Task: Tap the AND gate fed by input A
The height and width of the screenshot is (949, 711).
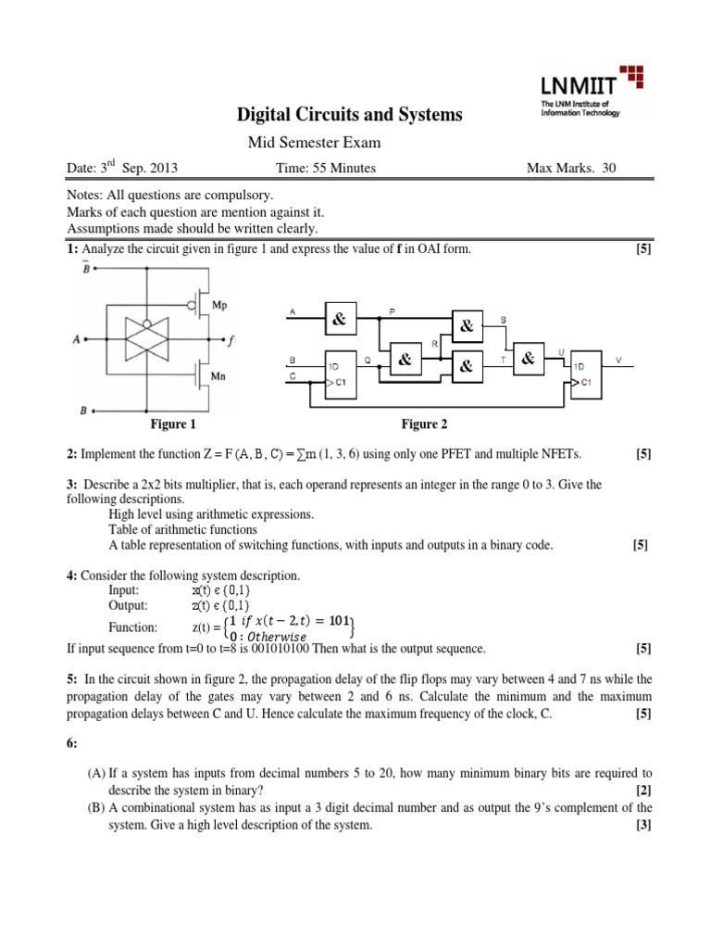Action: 339,320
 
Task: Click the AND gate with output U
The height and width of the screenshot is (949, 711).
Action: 528,359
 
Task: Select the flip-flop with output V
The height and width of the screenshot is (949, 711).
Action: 586,373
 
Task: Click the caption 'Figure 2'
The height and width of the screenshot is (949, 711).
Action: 424,424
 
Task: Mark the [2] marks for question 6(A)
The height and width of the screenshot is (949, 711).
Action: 644,789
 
